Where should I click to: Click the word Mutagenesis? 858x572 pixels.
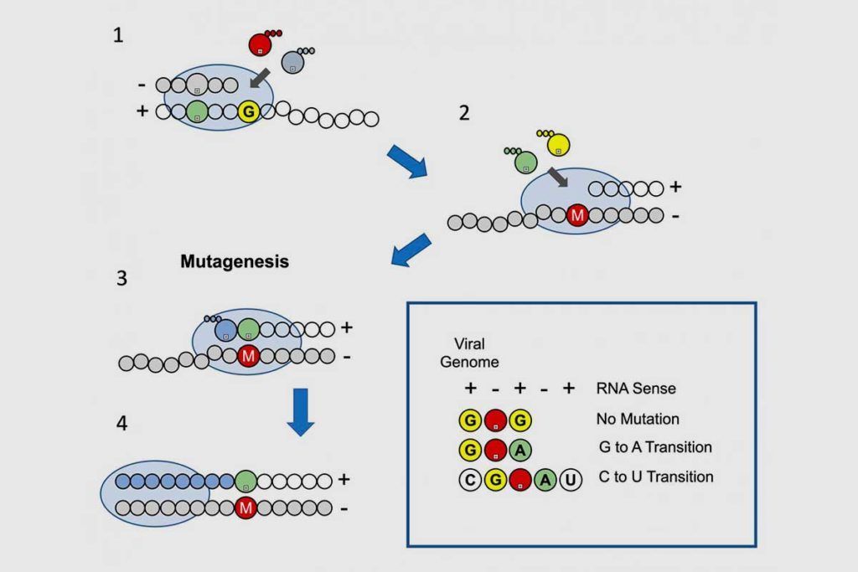point(235,261)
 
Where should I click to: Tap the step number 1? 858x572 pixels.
point(118,35)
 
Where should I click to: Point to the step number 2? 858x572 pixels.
point(464,113)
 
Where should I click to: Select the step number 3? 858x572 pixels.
point(121,278)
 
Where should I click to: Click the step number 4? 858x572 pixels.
point(122,423)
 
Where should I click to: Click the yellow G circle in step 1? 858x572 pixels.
point(249,111)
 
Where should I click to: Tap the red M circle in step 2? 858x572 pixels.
point(576,215)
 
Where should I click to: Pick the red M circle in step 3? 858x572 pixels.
point(248,357)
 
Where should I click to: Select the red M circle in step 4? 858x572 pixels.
point(246,508)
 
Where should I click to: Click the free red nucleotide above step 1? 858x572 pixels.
point(260,44)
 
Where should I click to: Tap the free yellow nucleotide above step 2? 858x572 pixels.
point(558,144)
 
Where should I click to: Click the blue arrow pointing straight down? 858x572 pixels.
point(301,412)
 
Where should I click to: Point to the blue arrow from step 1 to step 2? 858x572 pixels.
point(407,161)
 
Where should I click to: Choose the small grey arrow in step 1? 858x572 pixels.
point(260,78)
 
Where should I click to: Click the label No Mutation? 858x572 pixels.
point(638,419)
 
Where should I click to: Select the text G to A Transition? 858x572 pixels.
point(655,447)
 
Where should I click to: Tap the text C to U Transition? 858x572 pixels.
point(656,477)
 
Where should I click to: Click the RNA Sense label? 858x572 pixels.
point(636,389)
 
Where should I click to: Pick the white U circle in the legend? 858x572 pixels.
point(570,480)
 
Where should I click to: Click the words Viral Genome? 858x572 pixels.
point(469,353)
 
